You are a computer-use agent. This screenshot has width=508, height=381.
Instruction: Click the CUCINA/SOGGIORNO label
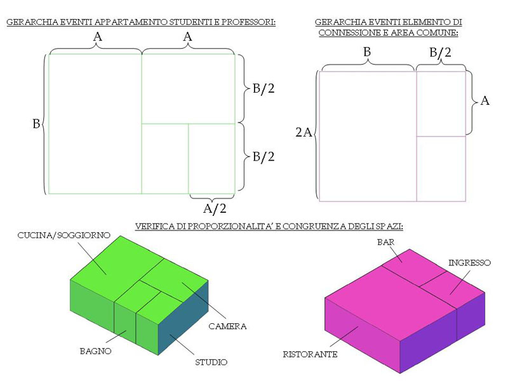[64, 235]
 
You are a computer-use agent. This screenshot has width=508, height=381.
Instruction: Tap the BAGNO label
[96, 351]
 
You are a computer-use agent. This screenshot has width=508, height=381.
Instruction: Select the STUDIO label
[211, 362]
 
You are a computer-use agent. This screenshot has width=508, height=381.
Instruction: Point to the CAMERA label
[227, 326]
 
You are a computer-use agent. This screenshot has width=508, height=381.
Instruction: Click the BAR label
[385, 242]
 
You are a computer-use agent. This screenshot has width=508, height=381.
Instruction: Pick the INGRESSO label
[469, 263]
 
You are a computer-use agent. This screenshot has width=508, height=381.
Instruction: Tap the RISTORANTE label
[310, 354]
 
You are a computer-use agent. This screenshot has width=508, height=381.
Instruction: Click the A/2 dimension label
[215, 209]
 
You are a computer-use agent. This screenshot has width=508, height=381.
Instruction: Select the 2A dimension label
[304, 132]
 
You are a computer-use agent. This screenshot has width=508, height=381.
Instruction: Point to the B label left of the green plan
[36, 124]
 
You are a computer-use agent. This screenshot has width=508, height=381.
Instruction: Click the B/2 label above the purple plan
[440, 53]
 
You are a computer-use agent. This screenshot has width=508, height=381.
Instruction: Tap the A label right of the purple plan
[485, 101]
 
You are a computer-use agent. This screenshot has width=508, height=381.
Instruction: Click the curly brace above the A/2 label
[212, 197]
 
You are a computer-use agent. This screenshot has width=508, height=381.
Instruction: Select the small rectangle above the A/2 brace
[211, 159]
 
